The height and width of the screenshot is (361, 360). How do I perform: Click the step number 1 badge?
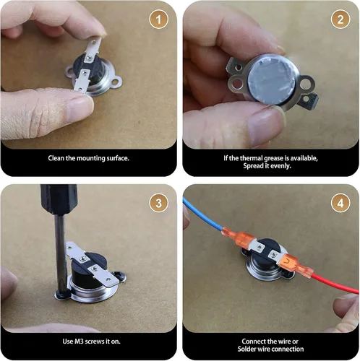[158, 19]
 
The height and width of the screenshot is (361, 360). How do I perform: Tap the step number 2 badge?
[340, 19]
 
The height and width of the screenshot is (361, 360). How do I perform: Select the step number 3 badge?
[158, 203]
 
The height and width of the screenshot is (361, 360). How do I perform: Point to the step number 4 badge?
[340, 203]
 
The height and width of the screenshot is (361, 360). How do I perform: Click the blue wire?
[204, 214]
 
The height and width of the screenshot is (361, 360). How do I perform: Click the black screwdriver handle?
[59, 199]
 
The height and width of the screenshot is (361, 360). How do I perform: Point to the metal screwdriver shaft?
[61, 253]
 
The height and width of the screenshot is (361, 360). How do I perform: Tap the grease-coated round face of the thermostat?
[272, 79]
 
